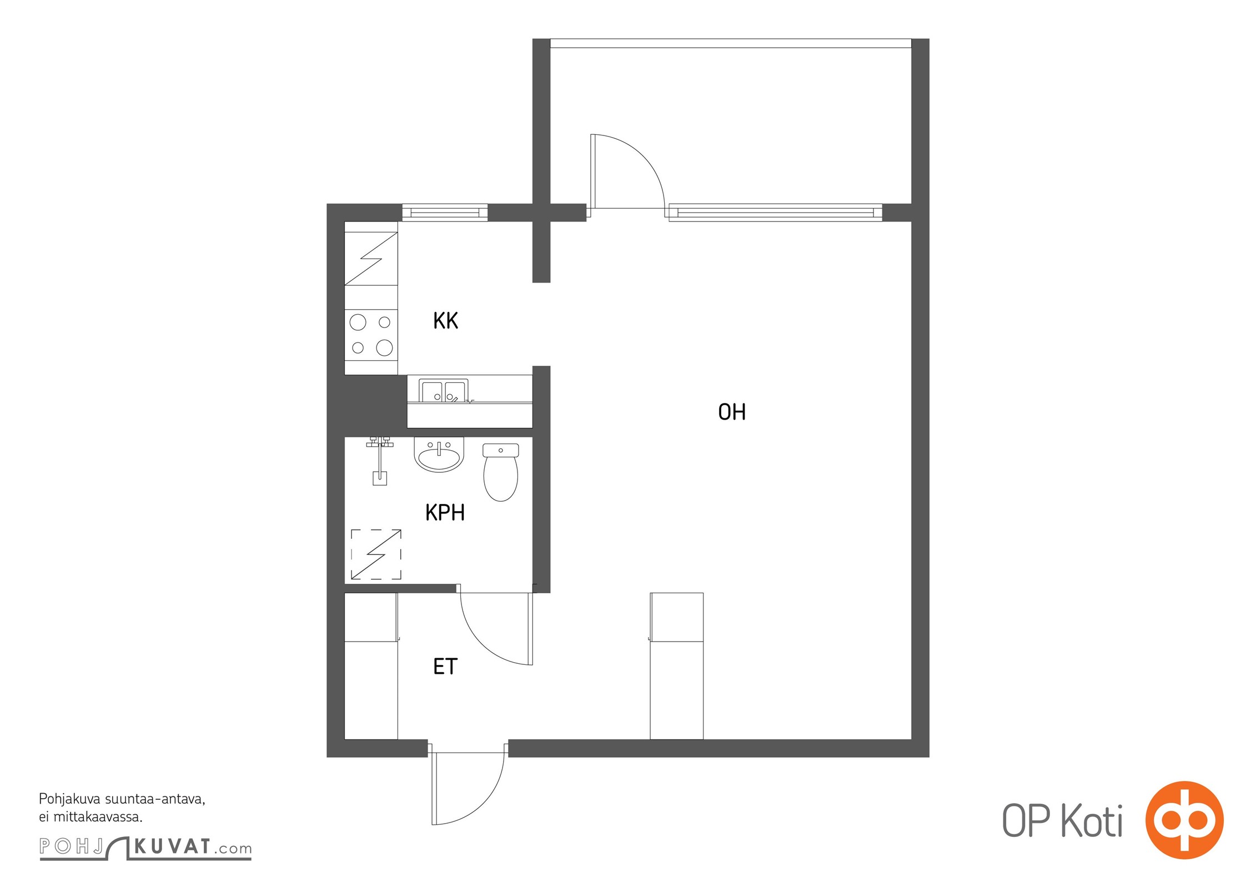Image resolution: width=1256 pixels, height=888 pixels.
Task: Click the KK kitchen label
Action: (445, 321)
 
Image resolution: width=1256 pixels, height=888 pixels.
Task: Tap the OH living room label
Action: (732, 412)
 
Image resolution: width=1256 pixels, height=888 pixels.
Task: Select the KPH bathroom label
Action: (445, 513)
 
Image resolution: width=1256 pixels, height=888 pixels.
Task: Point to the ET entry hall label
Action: (445, 667)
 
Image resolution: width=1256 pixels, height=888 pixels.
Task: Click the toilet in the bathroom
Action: (500, 472)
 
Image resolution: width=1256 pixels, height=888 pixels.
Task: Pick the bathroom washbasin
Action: (439, 455)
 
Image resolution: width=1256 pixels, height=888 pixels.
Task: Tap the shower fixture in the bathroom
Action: (380, 461)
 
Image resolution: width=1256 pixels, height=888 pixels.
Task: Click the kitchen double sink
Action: (444, 391)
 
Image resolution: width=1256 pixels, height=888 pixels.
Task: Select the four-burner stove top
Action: (371, 335)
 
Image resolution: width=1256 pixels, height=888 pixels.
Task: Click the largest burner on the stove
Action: (384, 348)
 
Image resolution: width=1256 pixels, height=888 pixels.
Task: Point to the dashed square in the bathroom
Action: (376, 554)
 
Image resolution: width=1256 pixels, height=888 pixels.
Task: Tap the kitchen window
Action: (445, 213)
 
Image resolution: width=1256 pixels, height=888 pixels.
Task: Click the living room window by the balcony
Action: (775, 213)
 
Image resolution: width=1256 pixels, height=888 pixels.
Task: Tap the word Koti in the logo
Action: (1092, 821)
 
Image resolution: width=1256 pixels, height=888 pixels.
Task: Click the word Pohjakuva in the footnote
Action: (70, 800)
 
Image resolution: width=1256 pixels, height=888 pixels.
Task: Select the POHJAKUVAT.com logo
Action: (145, 847)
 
